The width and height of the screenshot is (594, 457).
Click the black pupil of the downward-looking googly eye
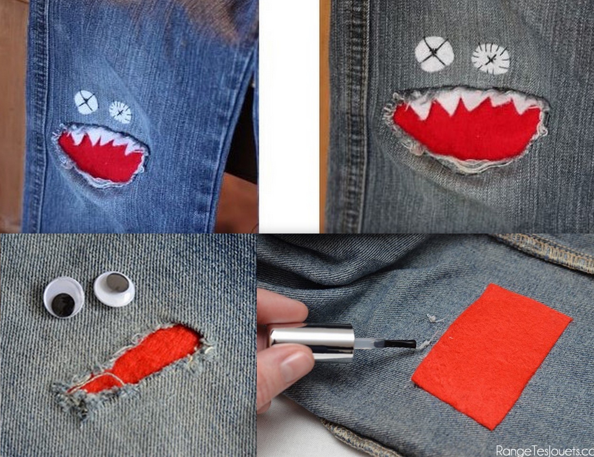[63, 305]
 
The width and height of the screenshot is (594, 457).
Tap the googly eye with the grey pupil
[114, 289]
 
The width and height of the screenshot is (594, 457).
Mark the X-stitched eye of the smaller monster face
[86, 102]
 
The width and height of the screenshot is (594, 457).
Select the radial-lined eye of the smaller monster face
[120, 112]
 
